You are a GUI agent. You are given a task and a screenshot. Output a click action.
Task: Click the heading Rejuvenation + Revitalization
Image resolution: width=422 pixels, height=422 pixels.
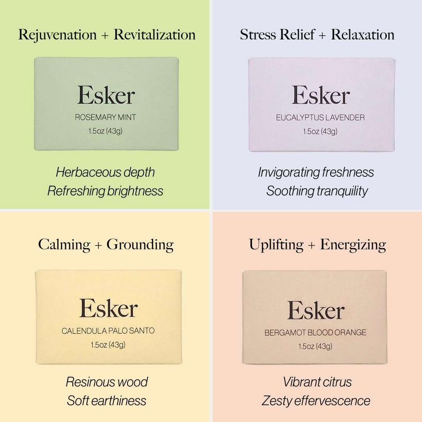click(107, 35)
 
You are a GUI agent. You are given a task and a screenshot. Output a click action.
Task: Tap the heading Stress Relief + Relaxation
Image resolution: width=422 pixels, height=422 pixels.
click(317, 35)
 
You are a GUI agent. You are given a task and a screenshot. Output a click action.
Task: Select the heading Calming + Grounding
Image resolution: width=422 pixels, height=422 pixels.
click(106, 244)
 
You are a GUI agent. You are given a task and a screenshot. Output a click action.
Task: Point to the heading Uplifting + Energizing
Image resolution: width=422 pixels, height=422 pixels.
click(317, 244)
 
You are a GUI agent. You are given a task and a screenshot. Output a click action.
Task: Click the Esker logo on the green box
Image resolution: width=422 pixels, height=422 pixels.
click(106, 95)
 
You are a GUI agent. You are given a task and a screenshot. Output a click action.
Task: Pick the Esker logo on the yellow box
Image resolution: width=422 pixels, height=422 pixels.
click(108, 308)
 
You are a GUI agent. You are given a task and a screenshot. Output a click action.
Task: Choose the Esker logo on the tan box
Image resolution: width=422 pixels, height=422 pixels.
click(316, 310)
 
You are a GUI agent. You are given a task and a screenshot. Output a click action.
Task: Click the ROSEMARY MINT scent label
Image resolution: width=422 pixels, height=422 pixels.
click(106, 117)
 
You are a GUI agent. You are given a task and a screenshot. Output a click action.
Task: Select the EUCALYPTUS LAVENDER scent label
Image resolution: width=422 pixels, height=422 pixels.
click(320, 117)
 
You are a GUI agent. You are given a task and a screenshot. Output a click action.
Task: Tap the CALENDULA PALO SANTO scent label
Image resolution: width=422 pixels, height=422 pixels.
click(108, 331)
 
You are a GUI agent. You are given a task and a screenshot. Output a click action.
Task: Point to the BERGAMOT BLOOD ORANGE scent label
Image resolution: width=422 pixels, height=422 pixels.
click(316, 333)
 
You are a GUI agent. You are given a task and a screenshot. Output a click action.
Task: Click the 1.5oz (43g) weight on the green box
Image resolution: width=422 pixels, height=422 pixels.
click(106, 131)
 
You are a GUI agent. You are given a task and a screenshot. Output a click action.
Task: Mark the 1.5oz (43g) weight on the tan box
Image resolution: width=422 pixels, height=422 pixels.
click(316, 347)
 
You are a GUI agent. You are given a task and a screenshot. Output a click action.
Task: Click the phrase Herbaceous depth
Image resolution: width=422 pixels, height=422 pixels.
click(105, 172)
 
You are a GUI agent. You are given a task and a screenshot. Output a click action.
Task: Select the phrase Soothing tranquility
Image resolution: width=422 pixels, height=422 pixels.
click(317, 191)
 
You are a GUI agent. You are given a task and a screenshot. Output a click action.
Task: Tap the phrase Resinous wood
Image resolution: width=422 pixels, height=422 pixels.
click(107, 382)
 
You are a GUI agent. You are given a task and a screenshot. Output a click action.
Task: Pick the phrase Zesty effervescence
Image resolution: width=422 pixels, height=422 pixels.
click(316, 401)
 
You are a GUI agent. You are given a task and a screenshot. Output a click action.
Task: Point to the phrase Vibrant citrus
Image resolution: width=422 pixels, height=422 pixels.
click(317, 382)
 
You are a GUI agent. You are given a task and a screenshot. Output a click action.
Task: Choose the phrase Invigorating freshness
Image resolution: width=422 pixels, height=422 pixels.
click(316, 172)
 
